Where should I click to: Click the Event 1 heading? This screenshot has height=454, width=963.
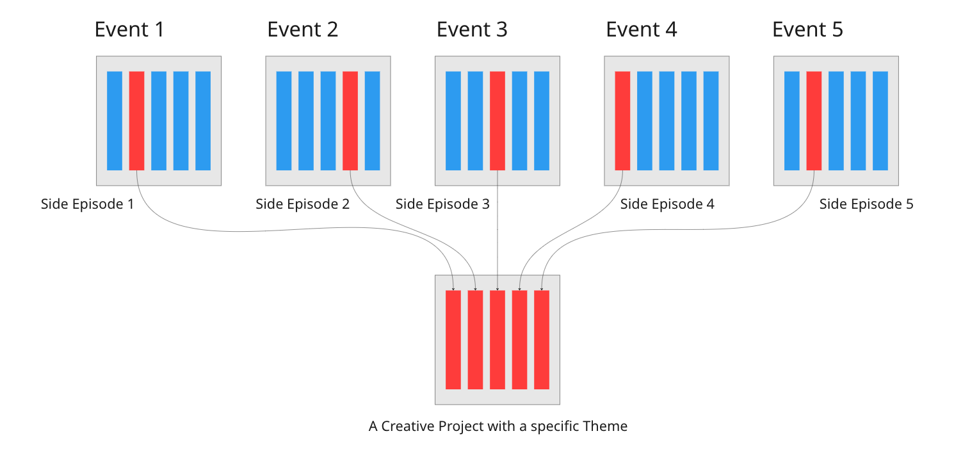tap(129, 29)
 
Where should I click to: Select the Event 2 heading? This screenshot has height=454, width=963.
tap(302, 29)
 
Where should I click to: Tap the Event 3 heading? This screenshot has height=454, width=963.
tap(472, 29)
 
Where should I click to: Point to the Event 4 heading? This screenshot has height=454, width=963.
tap(641, 29)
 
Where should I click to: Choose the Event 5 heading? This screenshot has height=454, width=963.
tap(807, 29)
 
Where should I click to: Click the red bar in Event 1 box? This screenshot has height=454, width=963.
tap(136, 120)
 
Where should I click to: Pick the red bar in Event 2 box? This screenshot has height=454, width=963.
tap(350, 120)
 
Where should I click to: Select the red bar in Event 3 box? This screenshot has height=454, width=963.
tap(498, 120)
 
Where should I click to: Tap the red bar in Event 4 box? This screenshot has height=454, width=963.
tap(622, 120)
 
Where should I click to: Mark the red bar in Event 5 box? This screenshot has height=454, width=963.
tap(814, 120)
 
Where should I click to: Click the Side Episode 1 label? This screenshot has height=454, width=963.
tap(88, 204)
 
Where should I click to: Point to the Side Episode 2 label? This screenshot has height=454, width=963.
tap(302, 204)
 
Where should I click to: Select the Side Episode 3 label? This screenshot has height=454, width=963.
tap(442, 204)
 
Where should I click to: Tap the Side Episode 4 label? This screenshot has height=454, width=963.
tap(667, 204)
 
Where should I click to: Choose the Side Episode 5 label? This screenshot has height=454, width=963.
tap(866, 204)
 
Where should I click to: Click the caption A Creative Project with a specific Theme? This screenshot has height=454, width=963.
tap(498, 426)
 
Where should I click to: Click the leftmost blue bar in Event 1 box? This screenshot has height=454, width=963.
tap(115, 120)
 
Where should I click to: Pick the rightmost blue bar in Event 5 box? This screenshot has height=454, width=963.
tap(880, 120)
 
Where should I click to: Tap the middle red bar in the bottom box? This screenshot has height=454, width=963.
tap(498, 339)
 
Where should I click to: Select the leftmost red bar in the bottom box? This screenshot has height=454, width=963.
tap(453, 339)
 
